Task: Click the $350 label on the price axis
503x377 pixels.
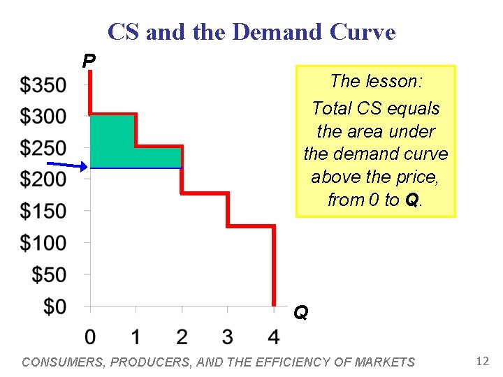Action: pyautogui.click(x=43, y=85)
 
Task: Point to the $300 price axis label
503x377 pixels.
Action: pyautogui.click(x=43, y=116)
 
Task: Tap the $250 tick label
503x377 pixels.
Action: pyautogui.click(x=43, y=148)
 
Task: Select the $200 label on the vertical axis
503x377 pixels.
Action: pyautogui.click(x=43, y=179)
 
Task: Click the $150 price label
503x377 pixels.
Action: pyautogui.click(x=43, y=211)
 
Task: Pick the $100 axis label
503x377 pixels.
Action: pyautogui.click(x=43, y=243)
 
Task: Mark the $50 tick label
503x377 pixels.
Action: pyautogui.click(x=50, y=274)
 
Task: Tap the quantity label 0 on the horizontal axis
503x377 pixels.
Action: pyautogui.click(x=90, y=337)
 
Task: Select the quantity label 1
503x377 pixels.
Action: pyautogui.click(x=136, y=337)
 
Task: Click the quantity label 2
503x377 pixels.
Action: pyautogui.click(x=182, y=337)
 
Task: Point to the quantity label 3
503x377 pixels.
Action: pyautogui.click(x=227, y=337)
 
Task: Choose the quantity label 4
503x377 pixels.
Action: pyautogui.click(x=273, y=337)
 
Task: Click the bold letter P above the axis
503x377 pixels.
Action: pyautogui.click(x=89, y=61)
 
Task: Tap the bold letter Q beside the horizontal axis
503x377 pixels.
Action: pyautogui.click(x=300, y=312)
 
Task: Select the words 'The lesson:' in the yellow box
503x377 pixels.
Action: pyautogui.click(x=376, y=82)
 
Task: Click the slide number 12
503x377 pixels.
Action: pyautogui.click(x=481, y=361)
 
